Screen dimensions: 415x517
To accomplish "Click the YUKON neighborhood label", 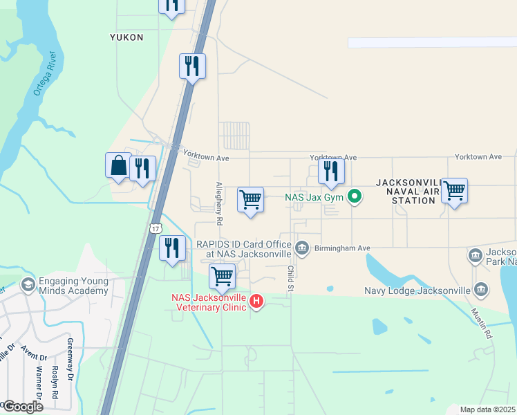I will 126,37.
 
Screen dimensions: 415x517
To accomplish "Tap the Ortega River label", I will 44,75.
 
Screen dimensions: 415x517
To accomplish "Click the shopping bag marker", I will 118,166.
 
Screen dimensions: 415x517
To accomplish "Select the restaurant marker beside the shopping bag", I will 142,169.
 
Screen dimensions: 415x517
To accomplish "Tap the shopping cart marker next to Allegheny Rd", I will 250,201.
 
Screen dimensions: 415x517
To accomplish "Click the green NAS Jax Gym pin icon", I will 355,198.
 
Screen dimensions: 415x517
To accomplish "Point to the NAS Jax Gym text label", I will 314,198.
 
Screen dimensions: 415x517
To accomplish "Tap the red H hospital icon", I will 256,301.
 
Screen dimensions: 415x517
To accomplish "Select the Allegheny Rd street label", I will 219,203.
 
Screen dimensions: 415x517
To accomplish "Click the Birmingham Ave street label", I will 343,248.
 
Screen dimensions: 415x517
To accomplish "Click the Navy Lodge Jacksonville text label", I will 417,290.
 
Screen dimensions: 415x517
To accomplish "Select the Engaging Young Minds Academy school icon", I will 28,284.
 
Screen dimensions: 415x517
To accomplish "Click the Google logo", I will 22,406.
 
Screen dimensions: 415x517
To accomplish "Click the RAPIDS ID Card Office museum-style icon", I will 301,248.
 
